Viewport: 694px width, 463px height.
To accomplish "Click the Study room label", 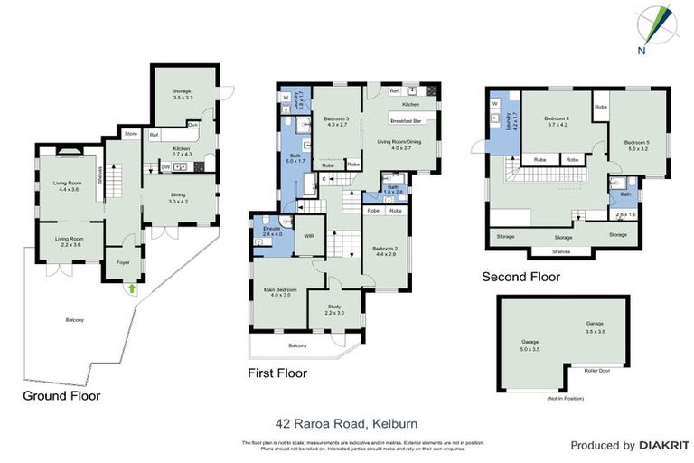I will (x=334, y=308).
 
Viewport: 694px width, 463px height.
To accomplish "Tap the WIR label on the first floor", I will (x=308, y=235).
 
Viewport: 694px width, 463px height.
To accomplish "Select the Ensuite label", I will (x=272, y=231).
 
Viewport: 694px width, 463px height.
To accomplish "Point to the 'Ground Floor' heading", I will (x=61, y=395).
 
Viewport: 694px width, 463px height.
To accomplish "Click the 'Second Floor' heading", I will (x=520, y=278).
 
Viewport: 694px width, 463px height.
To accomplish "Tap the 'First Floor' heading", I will (x=277, y=373).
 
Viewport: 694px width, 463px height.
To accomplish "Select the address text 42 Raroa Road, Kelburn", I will (x=346, y=422).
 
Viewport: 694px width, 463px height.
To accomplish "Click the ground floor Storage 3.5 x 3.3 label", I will (x=184, y=92).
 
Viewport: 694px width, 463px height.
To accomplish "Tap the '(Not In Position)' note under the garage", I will (x=566, y=399).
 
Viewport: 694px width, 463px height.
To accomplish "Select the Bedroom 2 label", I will (x=384, y=250).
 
